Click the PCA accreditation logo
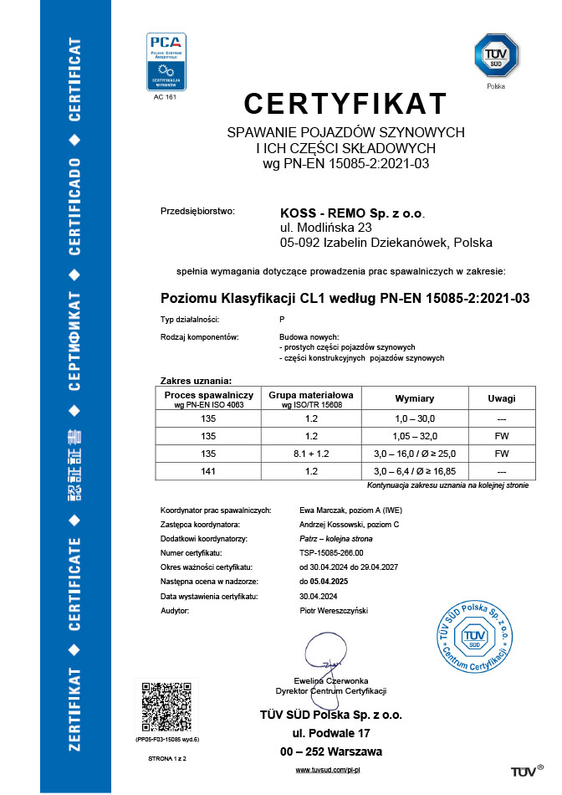(166, 62)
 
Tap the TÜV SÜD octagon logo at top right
(495, 56)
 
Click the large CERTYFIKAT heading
(345, 104)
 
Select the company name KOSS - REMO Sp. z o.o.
(351, 213)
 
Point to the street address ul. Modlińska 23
(325, 227)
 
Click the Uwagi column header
(503, 398)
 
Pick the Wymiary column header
(415, 398)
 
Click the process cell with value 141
(208, 471)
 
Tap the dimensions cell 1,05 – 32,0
(415, 435)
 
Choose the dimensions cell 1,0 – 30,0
(415, 417)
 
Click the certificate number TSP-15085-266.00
(334, 552)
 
